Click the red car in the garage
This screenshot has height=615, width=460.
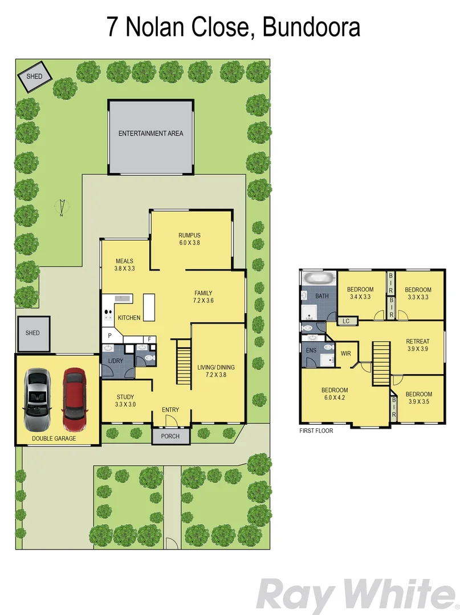tap(74, 399)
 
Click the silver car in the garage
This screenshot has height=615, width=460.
tap(36, 400)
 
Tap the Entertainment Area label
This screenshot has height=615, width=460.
tap(150, 134)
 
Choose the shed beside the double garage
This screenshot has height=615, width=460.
tap(32, 333)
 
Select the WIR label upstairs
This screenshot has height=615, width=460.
tap(345, 354)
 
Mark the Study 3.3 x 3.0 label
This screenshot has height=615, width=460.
tap(125, 400)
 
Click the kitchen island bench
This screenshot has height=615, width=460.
tap(149, 307)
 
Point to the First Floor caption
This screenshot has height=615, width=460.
tap(316, 430)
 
